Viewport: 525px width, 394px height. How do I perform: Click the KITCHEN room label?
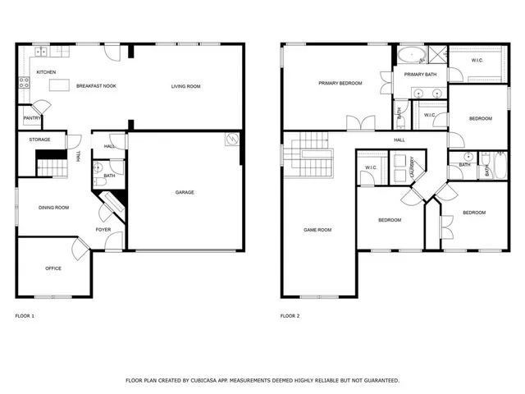click(x=46, y=72)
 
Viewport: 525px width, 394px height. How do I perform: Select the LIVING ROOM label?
click(x=185, y=86)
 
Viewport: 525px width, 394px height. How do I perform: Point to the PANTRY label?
click(x=32, y=118)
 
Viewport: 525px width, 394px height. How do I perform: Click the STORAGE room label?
click(x=40, y=140)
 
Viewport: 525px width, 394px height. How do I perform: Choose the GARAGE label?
click(x=185, y=192)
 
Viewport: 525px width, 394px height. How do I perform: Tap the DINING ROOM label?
click(x=54, y=208)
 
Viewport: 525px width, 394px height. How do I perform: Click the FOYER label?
click(x=103, y=229)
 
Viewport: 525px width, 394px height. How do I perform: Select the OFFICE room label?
click(x=53, y=268)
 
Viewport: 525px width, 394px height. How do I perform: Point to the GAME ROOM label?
click(x=317, y=230)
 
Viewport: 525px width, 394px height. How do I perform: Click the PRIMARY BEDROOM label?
click(x=340, y=83)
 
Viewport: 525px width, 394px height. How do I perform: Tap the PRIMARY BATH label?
click(x=420, y=74)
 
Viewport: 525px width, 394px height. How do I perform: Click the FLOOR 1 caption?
click(x=25, y=316)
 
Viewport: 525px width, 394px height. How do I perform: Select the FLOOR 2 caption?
click(x=290, y=316)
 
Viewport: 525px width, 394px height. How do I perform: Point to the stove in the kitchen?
click(x=23, y=81)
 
